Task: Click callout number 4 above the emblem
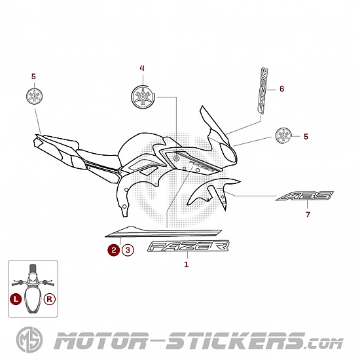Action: pyautogui.click(x=142, y=68)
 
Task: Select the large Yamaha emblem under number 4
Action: pyautogui.click(x=143, y=97)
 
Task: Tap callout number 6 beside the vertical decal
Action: pyautogui.click(x=281, y=88)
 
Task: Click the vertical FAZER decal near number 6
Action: pyautogui.click(x=262, y=90)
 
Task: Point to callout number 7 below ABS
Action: pyautogui.click(x=308, y=215)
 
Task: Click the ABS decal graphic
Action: pyautogui.click(x=304, y=196)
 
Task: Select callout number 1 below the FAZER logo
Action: pyautogui.click(x=186, y=264)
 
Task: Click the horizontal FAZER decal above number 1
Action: pyautogui.click(x=189, y=246)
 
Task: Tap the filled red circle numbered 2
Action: pyautogui.click(x=114, y=250)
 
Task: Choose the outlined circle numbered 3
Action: pyautogui.click(x=128, y=250)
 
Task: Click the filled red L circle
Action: pyautogui.click(x=16, y=299)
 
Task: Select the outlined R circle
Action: pyautogui.click(x=49, y=299)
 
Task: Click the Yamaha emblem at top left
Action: pyautogui.click(x=35, y=96)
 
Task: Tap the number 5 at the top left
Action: pyautogui.click(x=33, y=77)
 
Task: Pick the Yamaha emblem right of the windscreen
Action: pyautogui.click(x=283, y=136)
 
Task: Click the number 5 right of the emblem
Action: pyautogui.click(x=306, y=136)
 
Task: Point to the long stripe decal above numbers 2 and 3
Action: pyautogui.click(x=163, y=232)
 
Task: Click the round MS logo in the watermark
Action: pyautogui.click(x=29, y=340)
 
